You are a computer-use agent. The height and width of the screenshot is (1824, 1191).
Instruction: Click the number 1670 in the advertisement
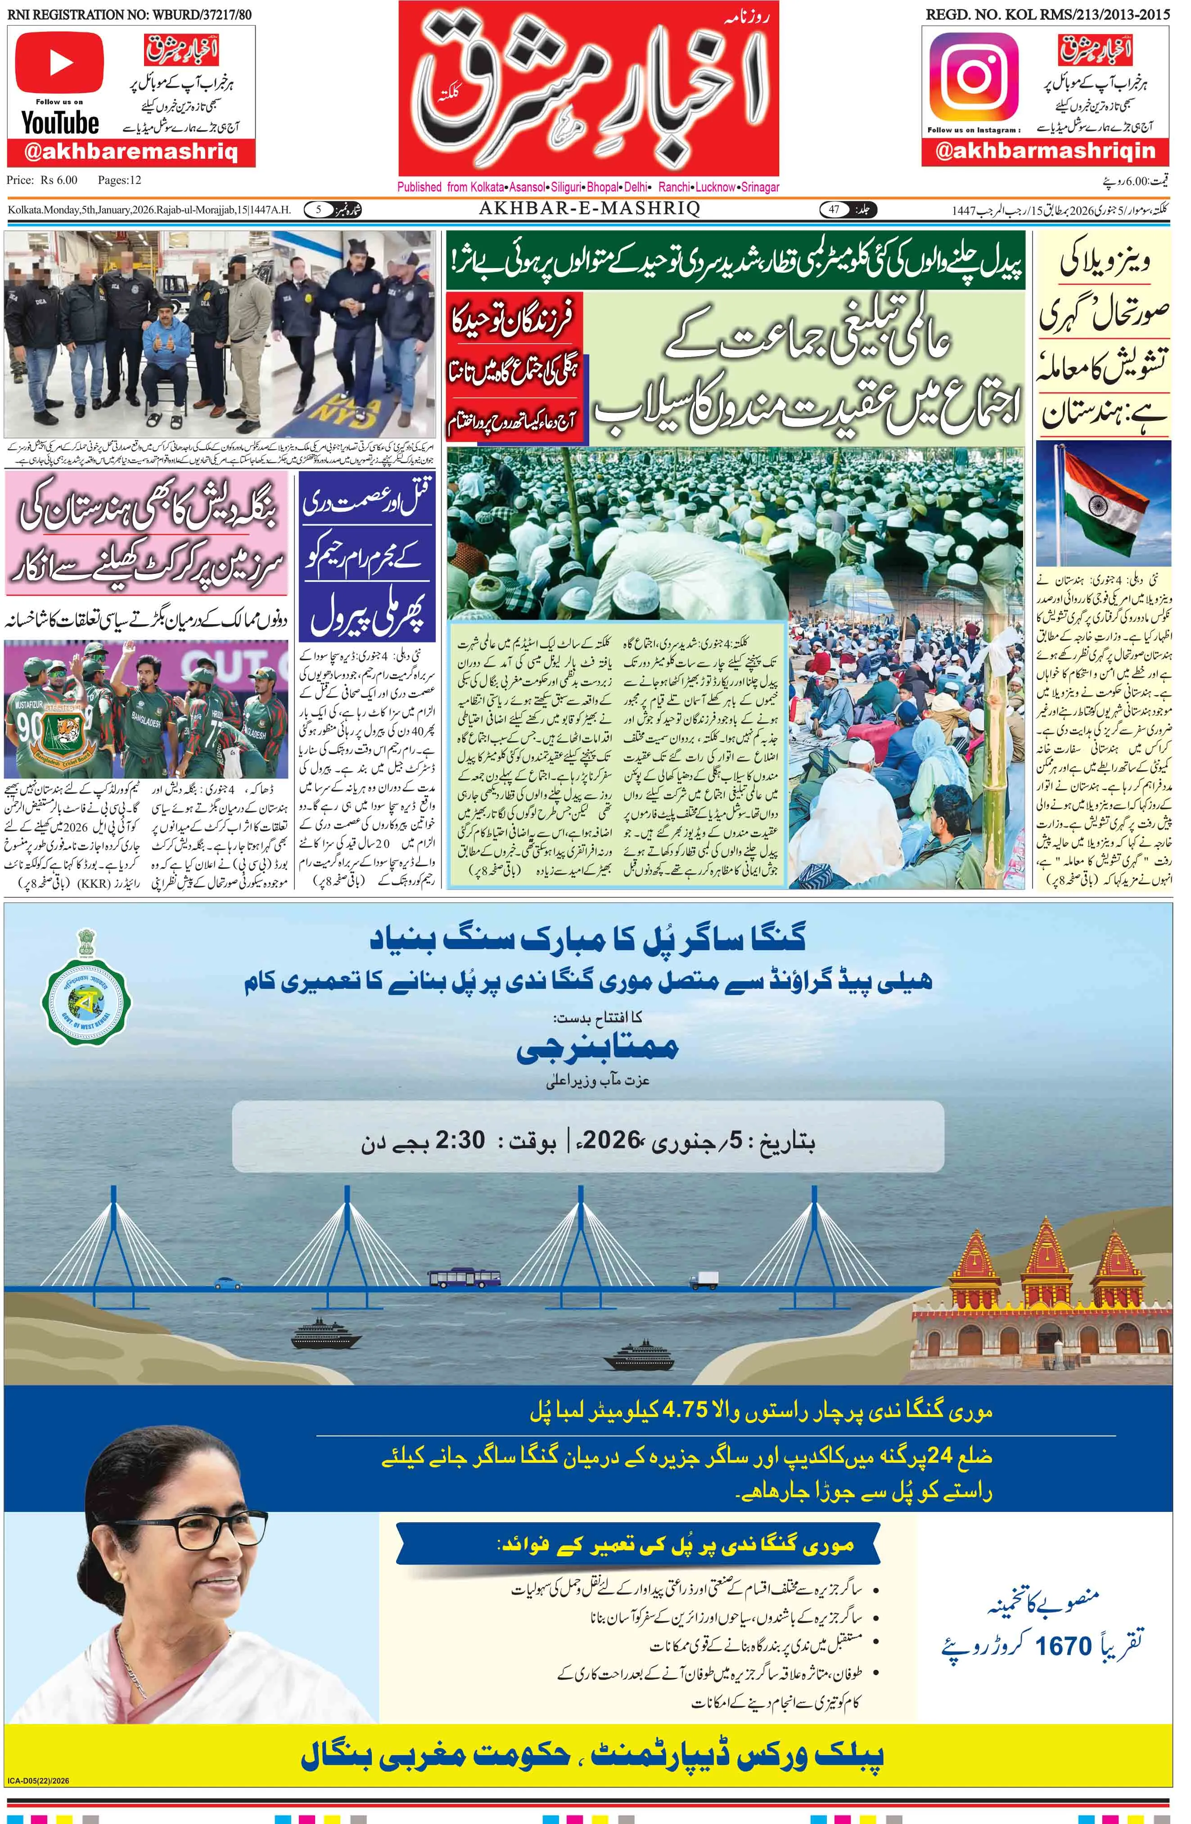pos(1062,1645)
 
